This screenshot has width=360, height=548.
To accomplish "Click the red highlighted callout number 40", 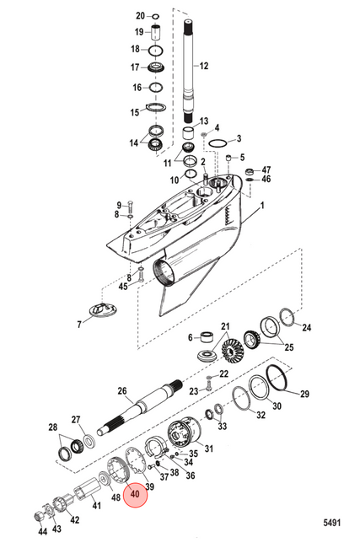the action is (135, 494).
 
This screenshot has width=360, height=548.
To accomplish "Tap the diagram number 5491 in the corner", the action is (331, 523).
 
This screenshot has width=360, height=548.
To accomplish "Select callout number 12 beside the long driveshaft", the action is (204, 66).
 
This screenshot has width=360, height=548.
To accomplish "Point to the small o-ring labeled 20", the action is (155, 16).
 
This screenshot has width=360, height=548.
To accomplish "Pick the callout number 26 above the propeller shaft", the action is (122, 390).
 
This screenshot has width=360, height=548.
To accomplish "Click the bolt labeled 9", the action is (130, 207).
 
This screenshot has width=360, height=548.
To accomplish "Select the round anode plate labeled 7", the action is (104, 310).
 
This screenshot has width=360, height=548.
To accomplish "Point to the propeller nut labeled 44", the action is (38, 517).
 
